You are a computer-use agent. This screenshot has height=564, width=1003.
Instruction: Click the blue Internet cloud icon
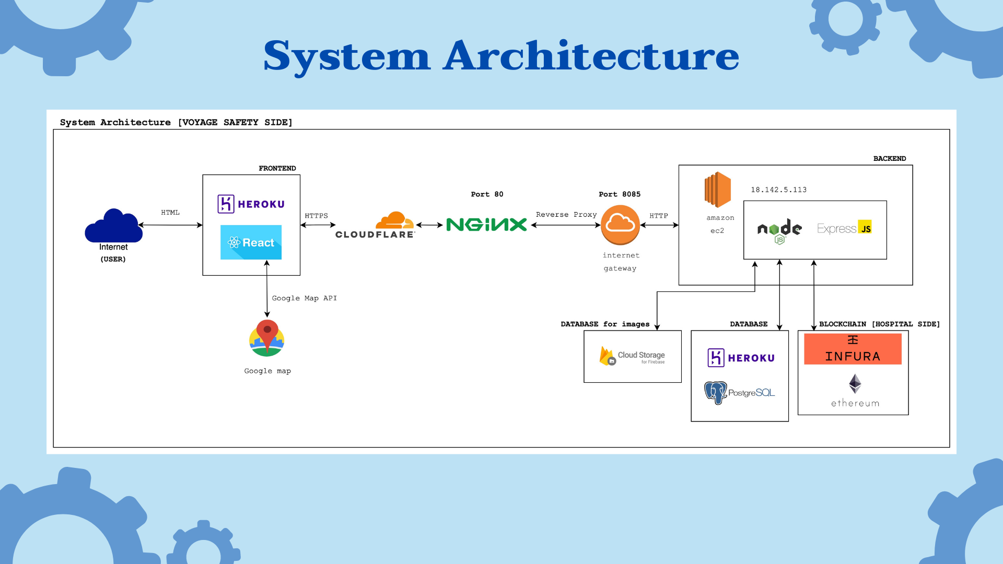[114, 226]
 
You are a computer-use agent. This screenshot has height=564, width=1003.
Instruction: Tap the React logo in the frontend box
[251, 242]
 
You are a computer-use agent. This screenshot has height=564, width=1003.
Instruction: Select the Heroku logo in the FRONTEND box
[251, 204]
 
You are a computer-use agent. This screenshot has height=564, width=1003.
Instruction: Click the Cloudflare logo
[376, 225]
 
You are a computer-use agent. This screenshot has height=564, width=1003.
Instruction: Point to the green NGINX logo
[486, 225]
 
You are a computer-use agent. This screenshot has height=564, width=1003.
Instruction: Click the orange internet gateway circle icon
[620, 225]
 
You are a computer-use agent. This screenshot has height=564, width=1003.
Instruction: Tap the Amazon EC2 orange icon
[717, 190]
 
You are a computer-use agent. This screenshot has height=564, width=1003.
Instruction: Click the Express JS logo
[844, 228]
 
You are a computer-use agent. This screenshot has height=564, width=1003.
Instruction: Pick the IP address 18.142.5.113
[778, 190]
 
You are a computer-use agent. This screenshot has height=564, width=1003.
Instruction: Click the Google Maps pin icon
[267, 338]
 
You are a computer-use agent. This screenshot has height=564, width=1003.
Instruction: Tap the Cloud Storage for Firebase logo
[632, 356]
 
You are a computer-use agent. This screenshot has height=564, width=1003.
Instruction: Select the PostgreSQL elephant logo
[715, 393]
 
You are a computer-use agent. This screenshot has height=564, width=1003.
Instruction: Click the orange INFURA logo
[853, 349]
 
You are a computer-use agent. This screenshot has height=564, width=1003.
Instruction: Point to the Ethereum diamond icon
[855, 384]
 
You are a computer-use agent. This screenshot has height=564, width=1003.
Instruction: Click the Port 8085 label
[620, 194]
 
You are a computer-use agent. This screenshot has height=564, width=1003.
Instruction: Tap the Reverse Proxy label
[566, 215]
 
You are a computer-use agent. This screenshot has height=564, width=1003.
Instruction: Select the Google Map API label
[305, 298]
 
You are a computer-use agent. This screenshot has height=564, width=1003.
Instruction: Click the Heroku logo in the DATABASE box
[741, 358]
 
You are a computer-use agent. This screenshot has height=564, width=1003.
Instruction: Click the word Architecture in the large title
[591, 56]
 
